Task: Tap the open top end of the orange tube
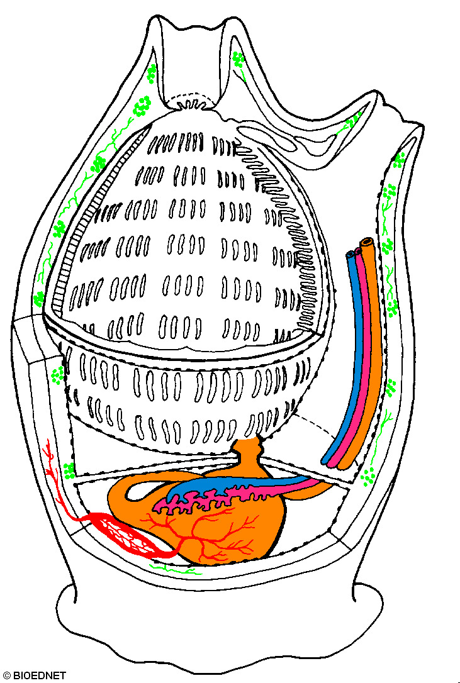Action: pos(366,243)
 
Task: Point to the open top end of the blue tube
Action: pos(351,255)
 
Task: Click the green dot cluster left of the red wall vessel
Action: pos(68,469)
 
